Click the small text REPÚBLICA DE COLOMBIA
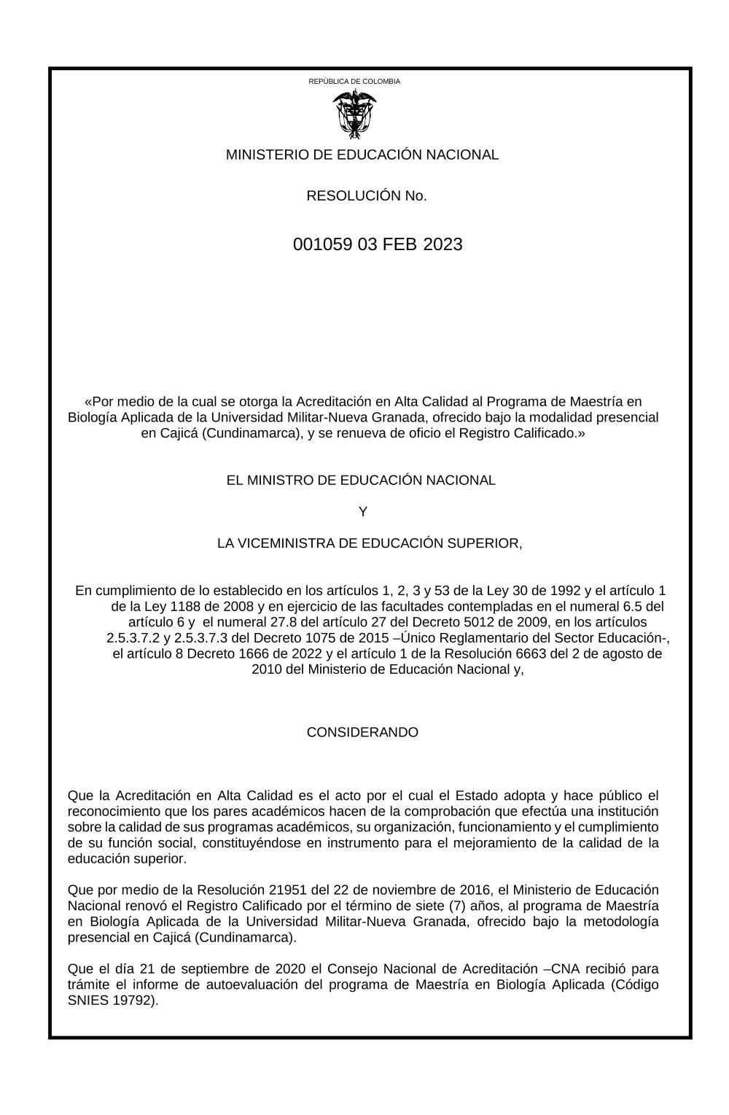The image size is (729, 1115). tap(354, 82)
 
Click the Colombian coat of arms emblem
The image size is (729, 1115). tap(354, 114)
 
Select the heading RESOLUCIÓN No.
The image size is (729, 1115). tap(366, 195)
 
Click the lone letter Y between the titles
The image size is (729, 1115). tap(363, 512)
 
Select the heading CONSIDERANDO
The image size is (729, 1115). tap(362, 732)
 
